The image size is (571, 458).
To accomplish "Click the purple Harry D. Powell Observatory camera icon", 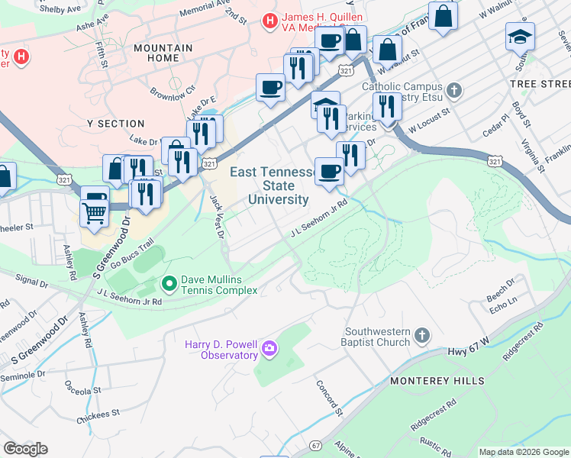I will click(269, 349).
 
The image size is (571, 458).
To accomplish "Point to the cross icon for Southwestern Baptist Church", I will click(421, 336).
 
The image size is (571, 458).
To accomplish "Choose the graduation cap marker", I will click(520, 36).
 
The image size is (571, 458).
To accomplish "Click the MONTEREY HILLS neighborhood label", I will click(437, 380).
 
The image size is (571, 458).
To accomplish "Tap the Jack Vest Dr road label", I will click(217, 216).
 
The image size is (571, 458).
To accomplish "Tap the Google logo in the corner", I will click(25, 449).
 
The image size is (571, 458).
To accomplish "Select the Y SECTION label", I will click(116, 124).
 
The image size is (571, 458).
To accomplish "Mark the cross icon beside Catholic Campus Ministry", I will click(454, 92).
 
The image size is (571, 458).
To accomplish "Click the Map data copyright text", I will click(524, 452).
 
